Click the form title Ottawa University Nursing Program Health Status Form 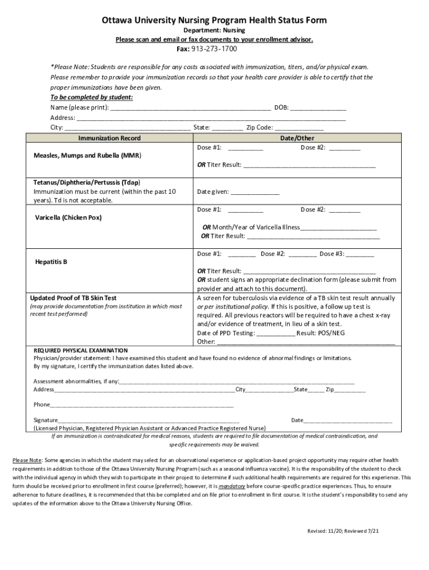pos(214,21)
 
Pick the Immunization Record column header pos(109,138)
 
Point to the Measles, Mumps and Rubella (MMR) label pos(87,156)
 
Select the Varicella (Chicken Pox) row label pos(68,218)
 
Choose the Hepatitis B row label pos(51,261)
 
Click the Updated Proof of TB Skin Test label pos(73,298)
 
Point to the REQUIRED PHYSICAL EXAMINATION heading pos(81,350)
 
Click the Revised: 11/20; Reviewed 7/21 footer pos(343,531)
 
